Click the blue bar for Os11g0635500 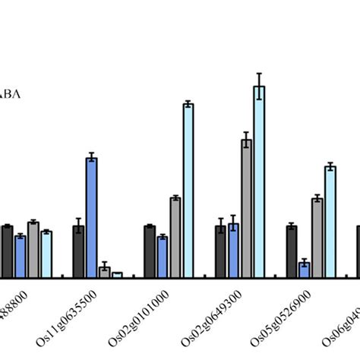tap(91, 217)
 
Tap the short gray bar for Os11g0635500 tap(104, 272)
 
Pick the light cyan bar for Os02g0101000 tap(188, 190)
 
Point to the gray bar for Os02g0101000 tap(175, 237)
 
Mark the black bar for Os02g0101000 tap(150, 251)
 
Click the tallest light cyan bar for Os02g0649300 tap(259, 182)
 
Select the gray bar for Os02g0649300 tap(246, 208)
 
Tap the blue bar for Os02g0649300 tap(233, 251)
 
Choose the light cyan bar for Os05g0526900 tap(330, 221)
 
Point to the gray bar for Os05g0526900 tap(317, 237)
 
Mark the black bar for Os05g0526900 tap(292, 251)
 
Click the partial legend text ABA tap(11, 94)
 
